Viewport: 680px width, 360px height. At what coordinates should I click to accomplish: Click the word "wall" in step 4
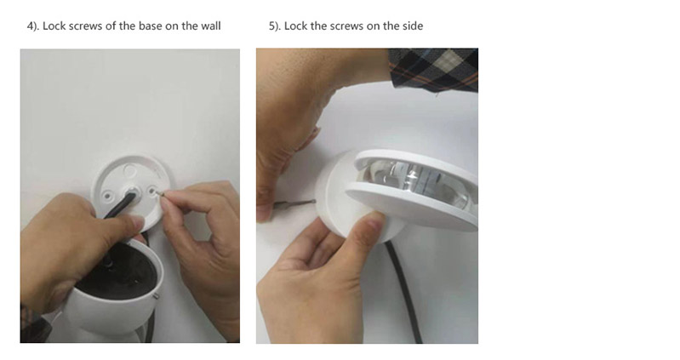211,26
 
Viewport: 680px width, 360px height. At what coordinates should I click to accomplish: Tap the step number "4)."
33,26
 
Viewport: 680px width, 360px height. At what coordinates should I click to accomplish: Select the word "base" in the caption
151,26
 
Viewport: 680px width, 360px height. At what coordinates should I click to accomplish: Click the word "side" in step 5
413,26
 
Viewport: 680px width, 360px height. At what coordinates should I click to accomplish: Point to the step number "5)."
275,26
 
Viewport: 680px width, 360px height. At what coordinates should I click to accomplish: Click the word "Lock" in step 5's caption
296,26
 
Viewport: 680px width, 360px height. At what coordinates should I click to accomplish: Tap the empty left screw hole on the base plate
107,197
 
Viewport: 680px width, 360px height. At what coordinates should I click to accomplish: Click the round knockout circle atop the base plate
129,169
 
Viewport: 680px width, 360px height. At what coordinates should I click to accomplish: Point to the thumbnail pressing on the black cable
138,224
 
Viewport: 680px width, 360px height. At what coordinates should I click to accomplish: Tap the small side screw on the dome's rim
156,296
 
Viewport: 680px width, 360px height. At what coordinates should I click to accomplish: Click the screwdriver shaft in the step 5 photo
295,202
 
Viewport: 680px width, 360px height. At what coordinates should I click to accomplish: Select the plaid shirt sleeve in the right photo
434,70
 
